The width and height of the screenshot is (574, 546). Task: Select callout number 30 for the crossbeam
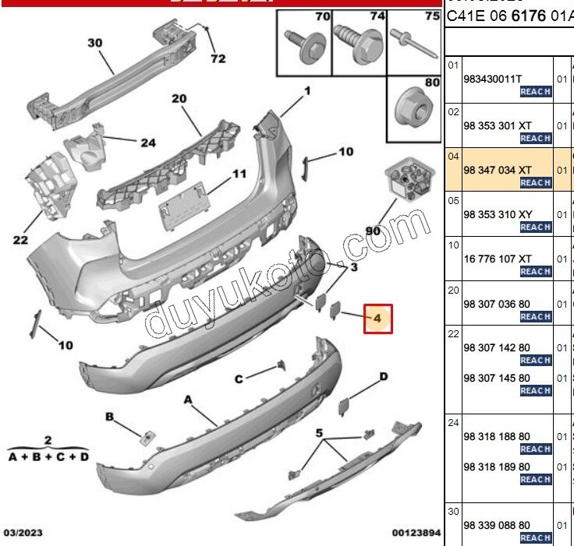click(x=94, y=44)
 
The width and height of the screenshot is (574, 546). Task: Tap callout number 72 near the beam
click(x=218, y=58)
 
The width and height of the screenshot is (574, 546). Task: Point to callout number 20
click(x=179, y=98)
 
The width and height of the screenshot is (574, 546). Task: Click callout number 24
click(x=148, y=143)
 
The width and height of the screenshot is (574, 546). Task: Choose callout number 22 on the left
click(x=20, y=240)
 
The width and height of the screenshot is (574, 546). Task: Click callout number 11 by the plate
click(x=239, y=174)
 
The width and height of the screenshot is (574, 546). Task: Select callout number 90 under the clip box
click(x=373, y=232)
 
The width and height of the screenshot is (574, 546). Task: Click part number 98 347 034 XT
click(x=498, y=169)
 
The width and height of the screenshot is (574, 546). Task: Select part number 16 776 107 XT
click(x=498, y=258)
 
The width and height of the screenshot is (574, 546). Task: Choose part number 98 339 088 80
click(x=497, y=525)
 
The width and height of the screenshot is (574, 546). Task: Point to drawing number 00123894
click(x=416, y=533)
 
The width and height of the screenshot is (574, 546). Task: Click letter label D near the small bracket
click(x=383, y=377)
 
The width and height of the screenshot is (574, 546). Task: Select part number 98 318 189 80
click(x=497, y=467)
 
